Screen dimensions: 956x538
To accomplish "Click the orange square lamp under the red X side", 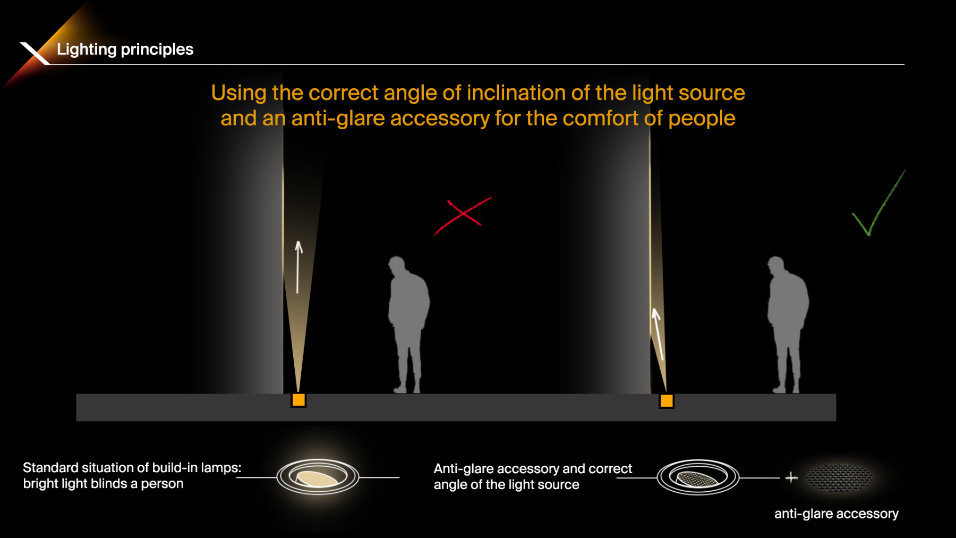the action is tap(298, 400).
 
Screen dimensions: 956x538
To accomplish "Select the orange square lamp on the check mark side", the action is tap(667, 401).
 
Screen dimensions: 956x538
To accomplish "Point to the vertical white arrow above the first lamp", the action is tap(298, 267).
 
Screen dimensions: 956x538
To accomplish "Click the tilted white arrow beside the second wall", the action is tap(658, 334).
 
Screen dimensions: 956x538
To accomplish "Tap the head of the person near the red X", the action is tap(397, 265).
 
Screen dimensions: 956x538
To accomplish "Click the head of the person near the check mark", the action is tap(776, 265).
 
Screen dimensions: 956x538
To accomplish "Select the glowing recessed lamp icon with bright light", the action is tap(318, 477).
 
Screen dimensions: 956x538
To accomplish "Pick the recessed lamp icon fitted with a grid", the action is tap(698, 477).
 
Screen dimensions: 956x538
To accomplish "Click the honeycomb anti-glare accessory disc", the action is tap(839, 477).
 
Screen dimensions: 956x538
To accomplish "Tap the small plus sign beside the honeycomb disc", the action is tap(791, 477).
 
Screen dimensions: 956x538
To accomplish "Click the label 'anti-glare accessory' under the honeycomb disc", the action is tap(836, 514).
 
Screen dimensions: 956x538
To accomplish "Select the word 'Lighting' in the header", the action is tap(87, 49).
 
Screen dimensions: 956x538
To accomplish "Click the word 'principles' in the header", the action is tap(157, 49).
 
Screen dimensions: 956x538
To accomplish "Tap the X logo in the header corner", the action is tap(35, 53).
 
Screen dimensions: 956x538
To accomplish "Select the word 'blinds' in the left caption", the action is tap(109, 484).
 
